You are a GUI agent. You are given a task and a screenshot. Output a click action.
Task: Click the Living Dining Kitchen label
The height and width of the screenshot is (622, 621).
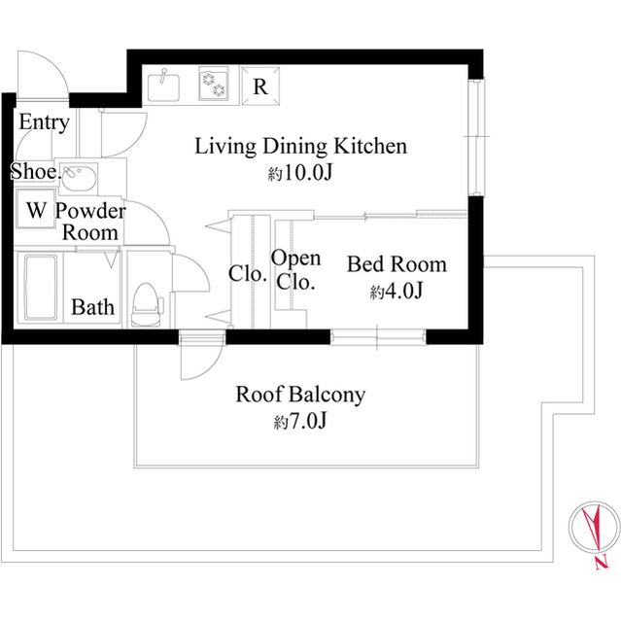click(x=300, y=147)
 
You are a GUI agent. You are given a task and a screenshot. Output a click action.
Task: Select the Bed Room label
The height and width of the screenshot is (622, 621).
click(x=397, y=264)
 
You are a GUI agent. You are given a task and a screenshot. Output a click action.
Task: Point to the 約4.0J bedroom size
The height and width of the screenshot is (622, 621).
click(x=396, y=292)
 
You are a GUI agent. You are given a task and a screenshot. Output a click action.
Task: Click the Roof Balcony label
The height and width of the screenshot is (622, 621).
click(x=300, y=395)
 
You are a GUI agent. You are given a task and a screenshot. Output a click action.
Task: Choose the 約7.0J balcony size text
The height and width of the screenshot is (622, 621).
click(x=300, y=423)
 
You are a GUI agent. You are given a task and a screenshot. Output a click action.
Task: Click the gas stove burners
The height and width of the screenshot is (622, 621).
click(x=213, y=85)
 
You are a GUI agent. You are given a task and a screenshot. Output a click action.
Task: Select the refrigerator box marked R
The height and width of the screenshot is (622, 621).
click(x=259, y=85)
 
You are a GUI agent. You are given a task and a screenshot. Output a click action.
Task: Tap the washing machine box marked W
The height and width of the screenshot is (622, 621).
click(x=36, y=210)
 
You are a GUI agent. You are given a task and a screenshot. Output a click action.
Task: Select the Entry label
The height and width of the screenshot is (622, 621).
click(x=44, y=122)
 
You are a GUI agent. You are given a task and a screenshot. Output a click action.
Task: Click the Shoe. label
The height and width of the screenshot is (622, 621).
click(x=32, y=172)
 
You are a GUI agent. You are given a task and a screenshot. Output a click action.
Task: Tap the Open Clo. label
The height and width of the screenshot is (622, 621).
click(x=295, y=270)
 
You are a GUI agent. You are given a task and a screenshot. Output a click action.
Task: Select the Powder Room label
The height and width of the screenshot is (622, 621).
click(x=90, y=222)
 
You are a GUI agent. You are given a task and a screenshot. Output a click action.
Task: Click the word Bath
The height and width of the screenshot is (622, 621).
click(x=93, y=308)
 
